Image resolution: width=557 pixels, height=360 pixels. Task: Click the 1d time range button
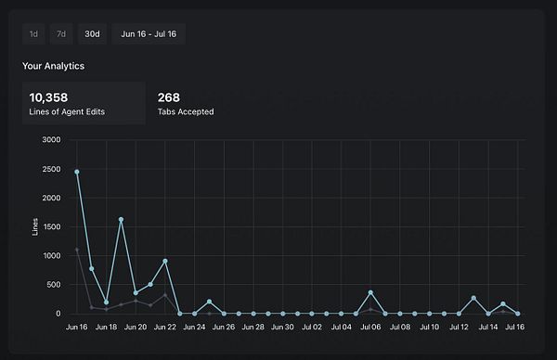[x=33, y=33]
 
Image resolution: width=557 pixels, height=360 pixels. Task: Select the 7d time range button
[x=60, y=33]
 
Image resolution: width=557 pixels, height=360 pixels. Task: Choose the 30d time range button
[x=92, y=33]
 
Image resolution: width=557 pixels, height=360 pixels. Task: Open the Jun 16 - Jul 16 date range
[x=149, y=33]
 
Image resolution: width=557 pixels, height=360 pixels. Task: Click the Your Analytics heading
[x=54, y=66]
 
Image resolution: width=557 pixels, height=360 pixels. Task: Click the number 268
[x=169, y=96]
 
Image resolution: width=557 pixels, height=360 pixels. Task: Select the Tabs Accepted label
[x=186, y=111]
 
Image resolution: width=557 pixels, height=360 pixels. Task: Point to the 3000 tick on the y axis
[x=51, y=140]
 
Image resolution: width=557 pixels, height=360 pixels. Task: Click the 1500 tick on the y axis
[x=51, y=226]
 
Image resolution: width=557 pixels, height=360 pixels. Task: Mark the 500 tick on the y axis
[x=53, y=285]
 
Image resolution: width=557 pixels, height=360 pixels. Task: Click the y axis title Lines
[x=35, y=226]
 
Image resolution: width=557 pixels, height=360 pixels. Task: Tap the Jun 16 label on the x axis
[x=77, y=328]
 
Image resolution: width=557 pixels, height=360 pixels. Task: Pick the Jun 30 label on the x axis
[x=282, y=328]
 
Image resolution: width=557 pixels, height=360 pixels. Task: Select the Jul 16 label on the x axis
[x=516, y=328]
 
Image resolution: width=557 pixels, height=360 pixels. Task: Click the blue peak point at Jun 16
[x=77, y=172]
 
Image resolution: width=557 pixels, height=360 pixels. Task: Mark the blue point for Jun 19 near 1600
[x=121, y=220]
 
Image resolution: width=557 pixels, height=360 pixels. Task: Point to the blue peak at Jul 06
[x=370, y=292]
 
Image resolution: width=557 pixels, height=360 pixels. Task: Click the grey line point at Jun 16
[x=77, y=250]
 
